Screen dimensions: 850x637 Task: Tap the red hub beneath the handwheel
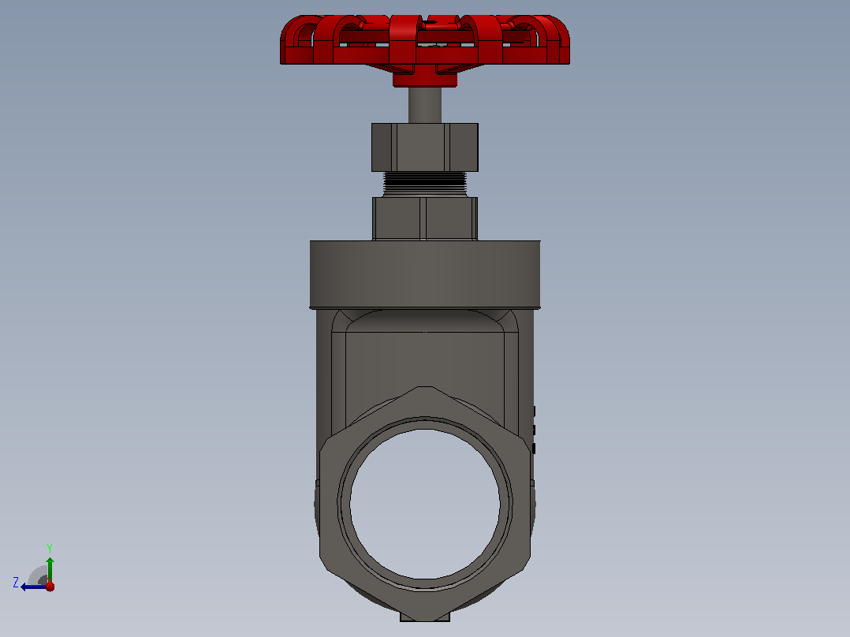425,79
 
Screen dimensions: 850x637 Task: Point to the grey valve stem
425,105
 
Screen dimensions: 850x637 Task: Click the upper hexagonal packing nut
425,147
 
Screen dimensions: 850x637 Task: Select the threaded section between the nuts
425,184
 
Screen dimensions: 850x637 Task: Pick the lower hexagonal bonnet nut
425,218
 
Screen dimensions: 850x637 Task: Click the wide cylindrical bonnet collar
425,274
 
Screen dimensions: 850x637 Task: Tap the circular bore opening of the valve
425,505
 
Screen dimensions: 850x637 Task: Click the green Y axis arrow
50,569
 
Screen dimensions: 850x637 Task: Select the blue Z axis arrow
34,587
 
